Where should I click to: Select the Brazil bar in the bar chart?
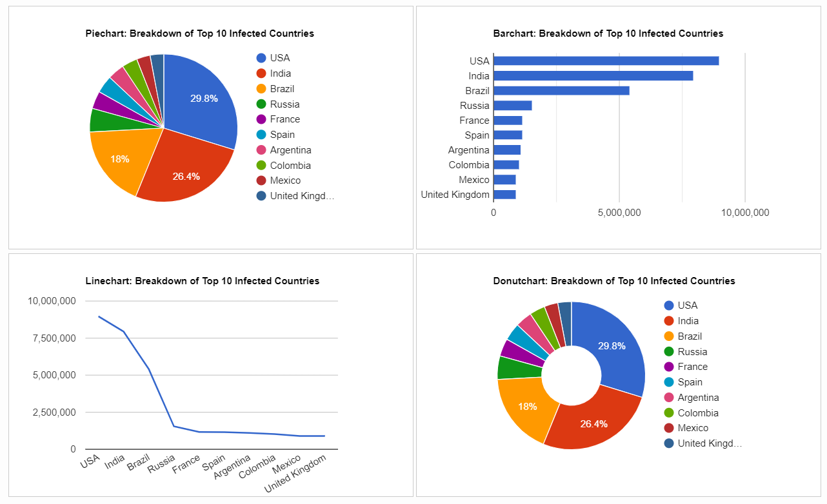(x=561, y=90)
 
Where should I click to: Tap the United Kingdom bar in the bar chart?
(x=504, y=195)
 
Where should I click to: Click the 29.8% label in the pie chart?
(x=204, y=99)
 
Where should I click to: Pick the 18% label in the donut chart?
(x=528, y=406)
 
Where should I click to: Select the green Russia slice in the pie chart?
(x=101, y=120)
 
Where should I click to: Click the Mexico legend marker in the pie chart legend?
(x=261, y=180)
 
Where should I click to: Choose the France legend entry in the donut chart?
(x=692, y=367)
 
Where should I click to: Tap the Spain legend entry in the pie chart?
(x=282, y=135)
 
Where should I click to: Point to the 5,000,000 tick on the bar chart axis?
(x=619, y=213)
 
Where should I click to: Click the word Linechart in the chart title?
(x=108, y=281)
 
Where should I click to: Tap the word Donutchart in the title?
(x=519, y=281)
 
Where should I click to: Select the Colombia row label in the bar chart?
(x=469, y=165)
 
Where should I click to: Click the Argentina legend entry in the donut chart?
(x=698, y=398)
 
